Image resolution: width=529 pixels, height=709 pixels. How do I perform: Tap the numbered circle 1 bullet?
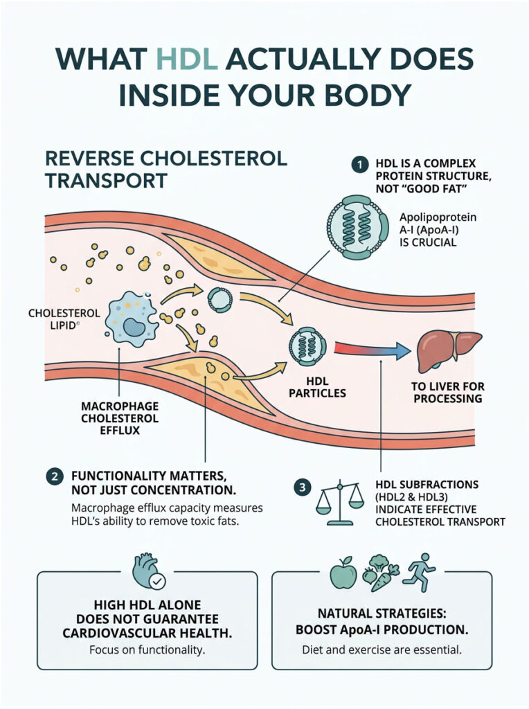pos(359,164)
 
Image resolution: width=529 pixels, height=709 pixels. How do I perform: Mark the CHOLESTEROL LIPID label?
pos(64,319)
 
